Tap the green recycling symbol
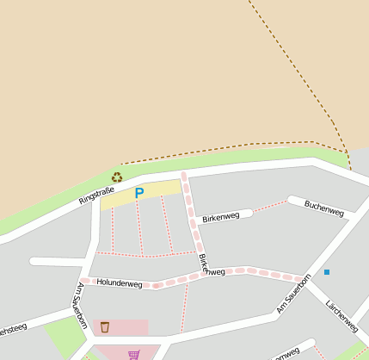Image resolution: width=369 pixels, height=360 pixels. (117, 177)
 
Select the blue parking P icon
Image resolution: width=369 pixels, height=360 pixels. (138, 194)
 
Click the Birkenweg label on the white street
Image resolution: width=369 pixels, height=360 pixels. (220, 217)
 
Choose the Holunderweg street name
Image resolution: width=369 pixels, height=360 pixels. (119, 282)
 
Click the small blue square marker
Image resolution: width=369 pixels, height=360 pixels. (327, 272)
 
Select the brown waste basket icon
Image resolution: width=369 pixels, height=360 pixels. (105, 326)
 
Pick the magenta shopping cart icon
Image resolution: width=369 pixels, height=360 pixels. (133, 354)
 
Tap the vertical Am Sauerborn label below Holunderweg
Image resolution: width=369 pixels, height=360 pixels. (83, 306)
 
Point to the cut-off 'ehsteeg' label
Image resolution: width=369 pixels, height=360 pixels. (13, 330)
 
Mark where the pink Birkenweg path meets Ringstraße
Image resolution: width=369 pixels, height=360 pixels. (183, 174)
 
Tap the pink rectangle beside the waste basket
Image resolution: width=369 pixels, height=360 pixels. (129, 327)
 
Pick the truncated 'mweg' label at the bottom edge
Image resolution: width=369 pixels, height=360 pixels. (287, 353)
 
